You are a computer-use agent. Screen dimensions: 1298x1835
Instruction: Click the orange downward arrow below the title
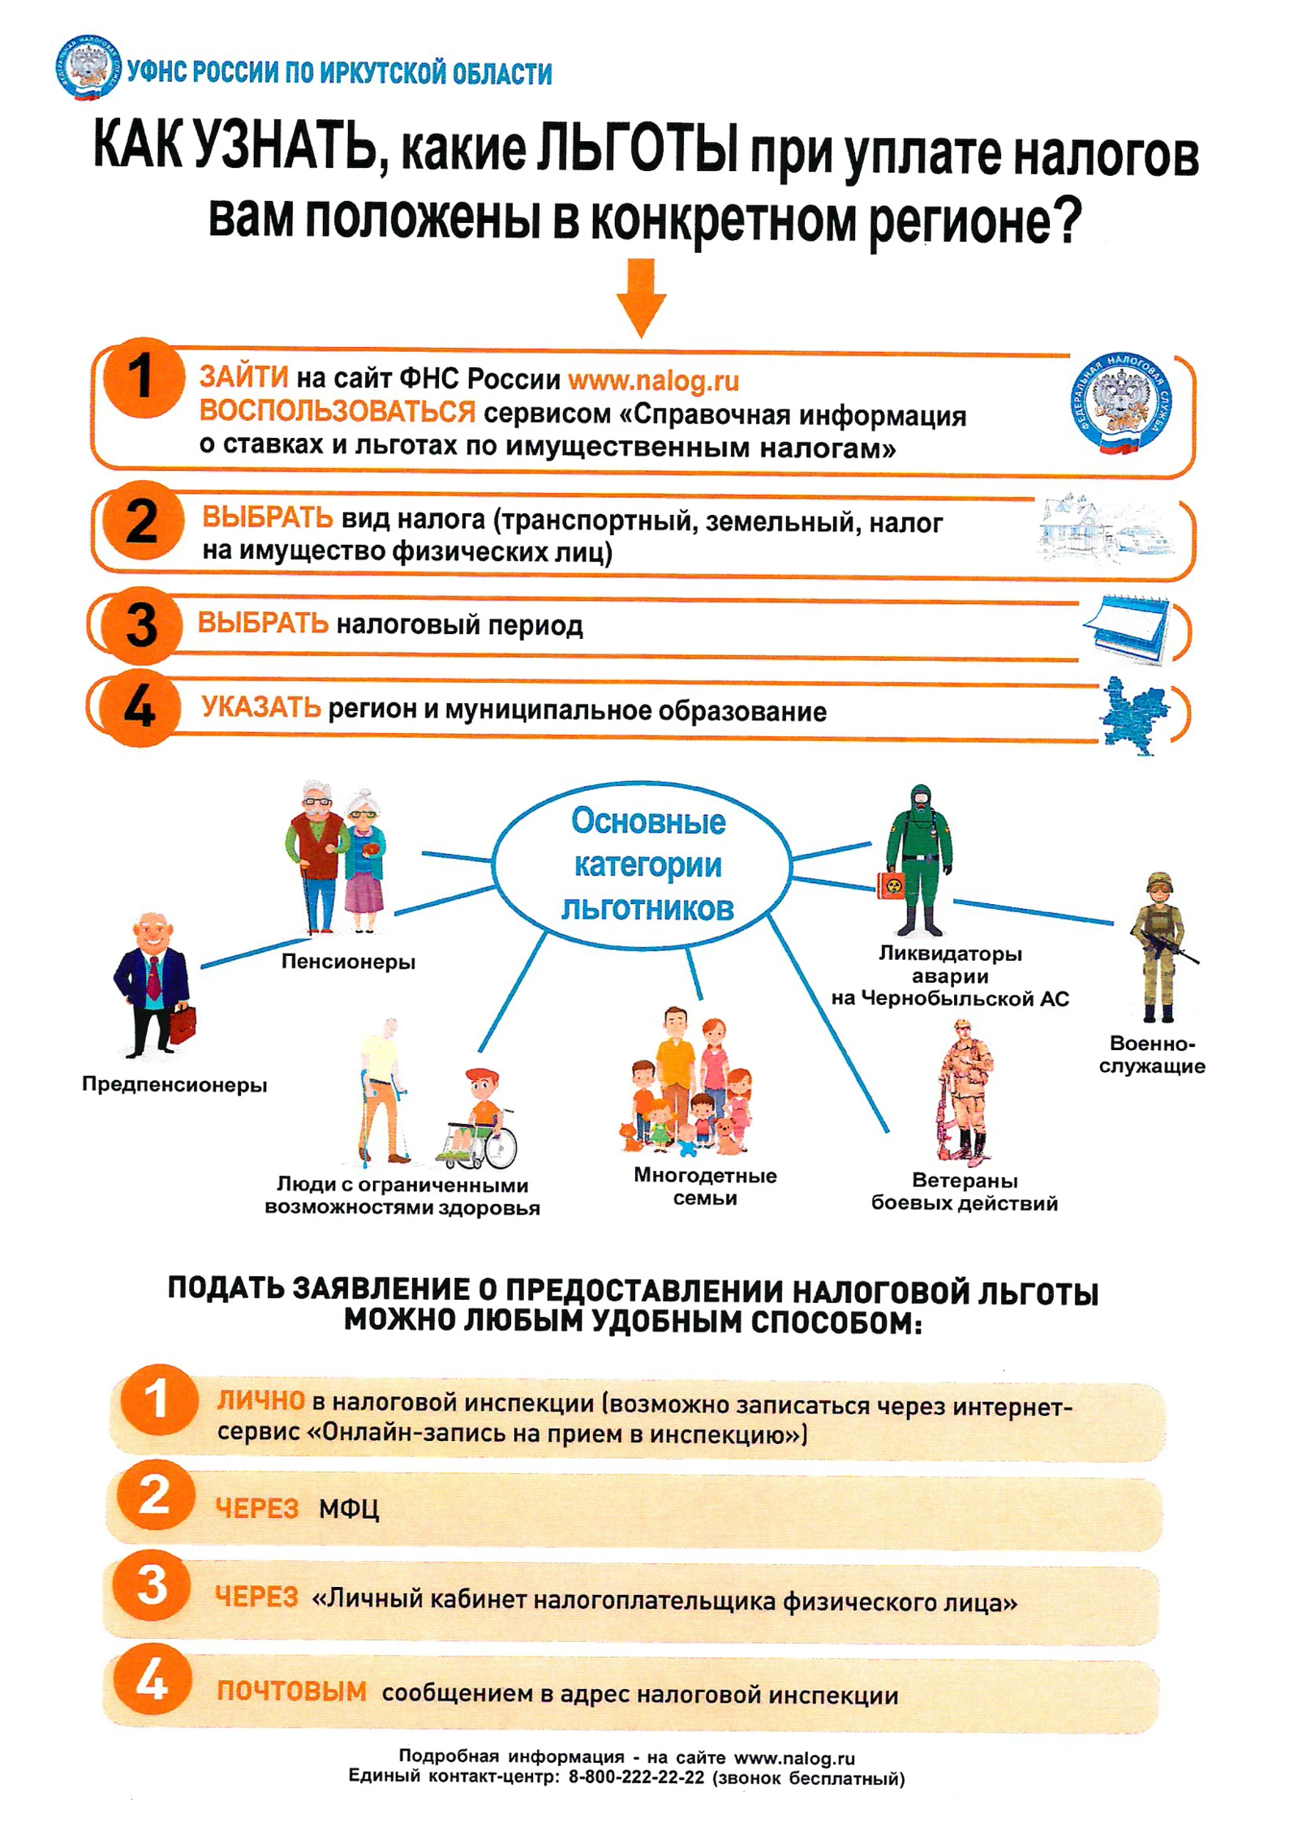click(641, 298)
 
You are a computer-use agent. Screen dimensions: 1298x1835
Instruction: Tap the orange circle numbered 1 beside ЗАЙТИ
click(144, 378)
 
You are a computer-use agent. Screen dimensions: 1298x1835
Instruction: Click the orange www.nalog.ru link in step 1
click(654, 380)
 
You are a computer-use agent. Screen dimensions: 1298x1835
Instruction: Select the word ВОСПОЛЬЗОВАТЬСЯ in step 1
click(337, 412)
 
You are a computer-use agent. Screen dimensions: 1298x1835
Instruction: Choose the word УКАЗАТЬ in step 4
click(261, 708)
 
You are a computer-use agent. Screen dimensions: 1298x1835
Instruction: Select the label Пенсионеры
click(348, 962)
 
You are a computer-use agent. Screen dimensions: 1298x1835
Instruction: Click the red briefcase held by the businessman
click(183, 1025)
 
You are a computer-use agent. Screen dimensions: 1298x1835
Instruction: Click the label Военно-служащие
click(1152, 1054)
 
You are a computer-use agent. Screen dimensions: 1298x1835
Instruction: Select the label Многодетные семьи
click(705, 1186)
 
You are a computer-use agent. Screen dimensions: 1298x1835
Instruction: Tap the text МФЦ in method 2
click(349, 1508)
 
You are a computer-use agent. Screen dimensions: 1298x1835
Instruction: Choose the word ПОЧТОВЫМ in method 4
click(291, 1691)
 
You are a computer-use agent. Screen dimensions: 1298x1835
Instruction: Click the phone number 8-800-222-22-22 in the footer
click(636, 1777)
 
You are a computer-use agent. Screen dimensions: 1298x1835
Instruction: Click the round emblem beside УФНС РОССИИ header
click(88, 67)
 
